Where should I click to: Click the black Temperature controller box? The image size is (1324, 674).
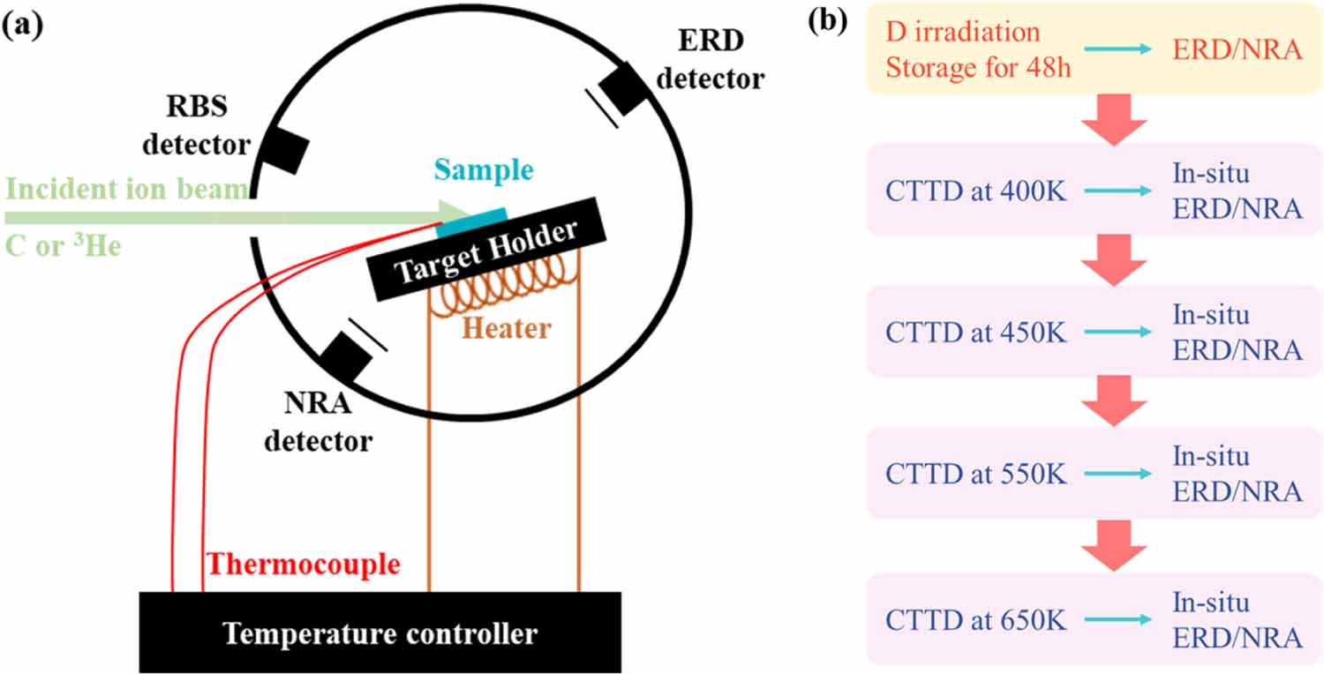pos(380,632)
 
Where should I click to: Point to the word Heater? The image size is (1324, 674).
pos(508,328)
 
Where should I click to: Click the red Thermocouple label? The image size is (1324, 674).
pos(302,564)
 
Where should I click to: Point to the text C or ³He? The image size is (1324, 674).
pos(63,246)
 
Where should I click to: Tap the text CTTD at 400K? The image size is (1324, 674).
pos(976,191)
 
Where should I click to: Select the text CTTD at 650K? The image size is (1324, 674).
pos(976,620)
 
